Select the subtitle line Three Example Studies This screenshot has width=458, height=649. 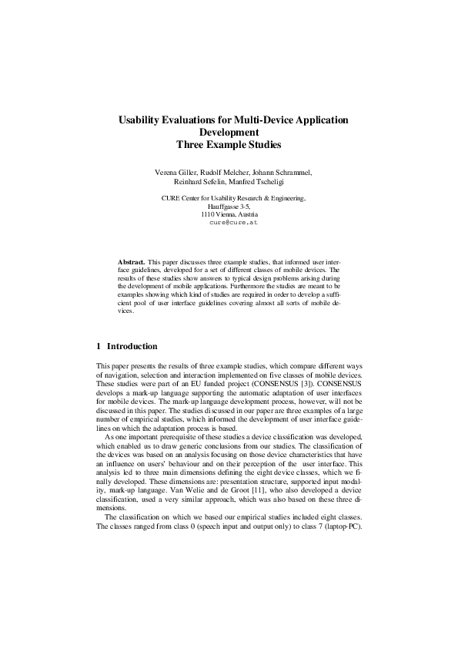(229, 143)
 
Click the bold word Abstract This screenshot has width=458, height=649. (131, 262)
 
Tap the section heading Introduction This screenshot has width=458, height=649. (132, 346)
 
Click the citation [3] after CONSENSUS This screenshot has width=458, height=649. (284, 382)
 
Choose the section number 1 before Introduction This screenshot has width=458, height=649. (99, 346)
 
